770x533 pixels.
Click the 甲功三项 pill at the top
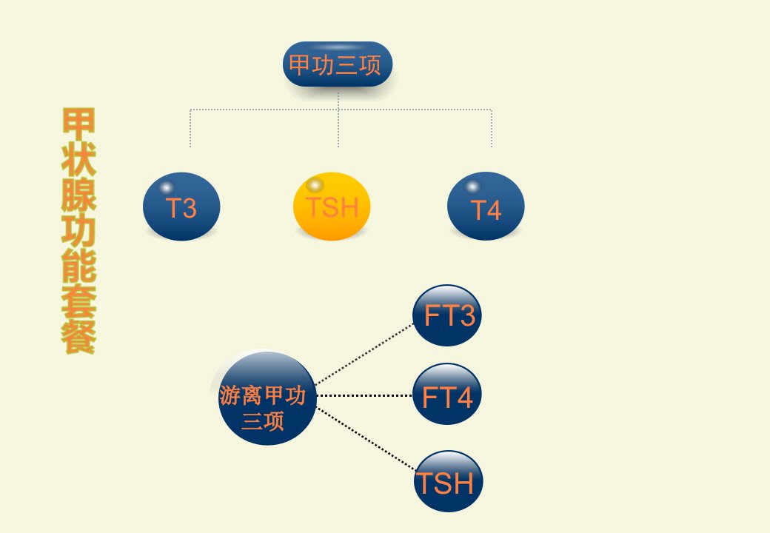pyautogui.click(x=338, y=64)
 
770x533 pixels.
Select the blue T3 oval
pyautogui.click(x=181, y=207)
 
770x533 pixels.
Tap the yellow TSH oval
pyautogui.click(x=332, y=206)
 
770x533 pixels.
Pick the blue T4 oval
pyautogui.click(x=486, y=206)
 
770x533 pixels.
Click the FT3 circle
pyautogui.click(x=447, y=315)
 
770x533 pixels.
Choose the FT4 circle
pyautogui.click(x=447, y=394)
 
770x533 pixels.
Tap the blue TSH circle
pyautogui.click(x=449, y=481)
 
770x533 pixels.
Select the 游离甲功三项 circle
pyautogui.click(x=267, y=398)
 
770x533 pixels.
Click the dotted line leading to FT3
pyautogui.click(x=364, y=354)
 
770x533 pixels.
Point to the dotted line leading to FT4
pyautogui.click(x=364, y=395)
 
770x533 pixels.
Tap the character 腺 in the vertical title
pyautogui.click(x=78, y=194)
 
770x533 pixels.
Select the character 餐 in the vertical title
pyautogui.click(x=78, y=337)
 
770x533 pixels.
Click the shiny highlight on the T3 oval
pyautogui.click(x=166, y=187)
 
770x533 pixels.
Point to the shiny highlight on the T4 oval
pyautogui.click(x=472, y=187)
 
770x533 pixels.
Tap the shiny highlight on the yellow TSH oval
pyautogui.click(x=315, y=185)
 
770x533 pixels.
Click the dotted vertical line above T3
pyautogui.click(x=190, y=128)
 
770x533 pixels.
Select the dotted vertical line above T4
pyautogui.click(x=491, y=128)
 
